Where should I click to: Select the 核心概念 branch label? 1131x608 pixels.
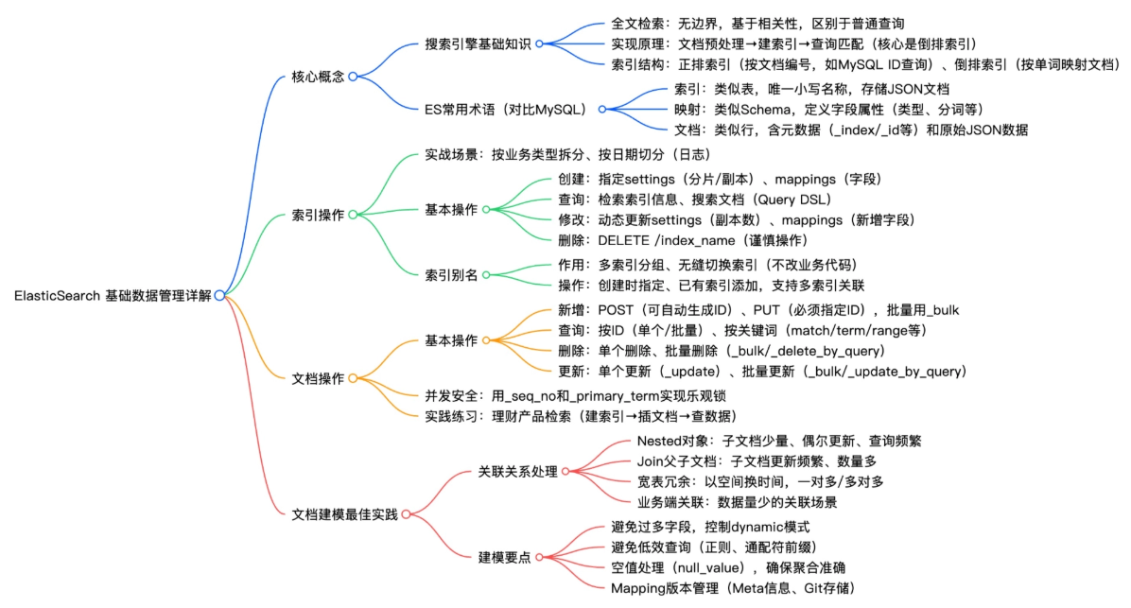(318, 77)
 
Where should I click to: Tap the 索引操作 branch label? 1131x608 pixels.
(318, 215)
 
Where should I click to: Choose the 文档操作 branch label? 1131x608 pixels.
(318, 378)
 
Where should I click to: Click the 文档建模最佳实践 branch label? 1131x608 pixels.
(345, 514)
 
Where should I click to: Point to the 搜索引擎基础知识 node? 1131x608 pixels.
(478, 43)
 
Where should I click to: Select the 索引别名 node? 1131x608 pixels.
(452, 274)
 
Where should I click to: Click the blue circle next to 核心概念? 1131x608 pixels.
(352, 77)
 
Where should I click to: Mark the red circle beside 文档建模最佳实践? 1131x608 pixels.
(406, 514)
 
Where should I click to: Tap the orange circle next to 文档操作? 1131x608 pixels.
(352, 378)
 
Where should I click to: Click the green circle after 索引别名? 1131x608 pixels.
(486, 274)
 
